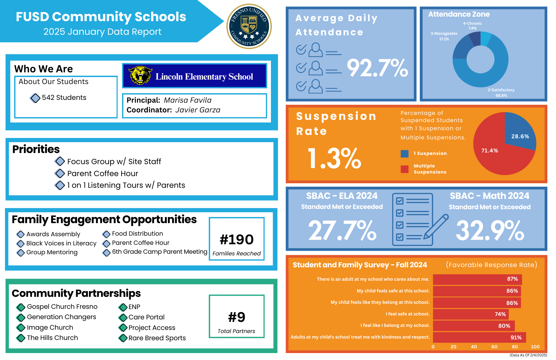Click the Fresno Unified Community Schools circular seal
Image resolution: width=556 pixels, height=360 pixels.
[x=249, y=26]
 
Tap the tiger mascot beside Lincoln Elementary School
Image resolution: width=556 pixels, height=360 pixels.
[x=140, y=75]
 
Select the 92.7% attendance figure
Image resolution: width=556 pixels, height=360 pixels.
[x=377, y=68]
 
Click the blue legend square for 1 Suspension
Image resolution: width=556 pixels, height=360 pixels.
[x=404, y=154]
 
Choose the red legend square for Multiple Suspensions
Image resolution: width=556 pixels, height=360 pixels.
[x=404, y=169]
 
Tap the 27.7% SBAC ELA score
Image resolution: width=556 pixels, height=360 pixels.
[x=342, y=230]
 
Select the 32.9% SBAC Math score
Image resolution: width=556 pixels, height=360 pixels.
[x=490, y=230]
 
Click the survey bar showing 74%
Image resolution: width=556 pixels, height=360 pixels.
[x=471, y=314]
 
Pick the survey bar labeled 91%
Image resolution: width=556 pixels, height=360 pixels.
[x=479, y=337]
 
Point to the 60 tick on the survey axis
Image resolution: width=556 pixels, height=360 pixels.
[x=494, y=347]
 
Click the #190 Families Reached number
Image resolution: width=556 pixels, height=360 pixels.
[x=237, y=240]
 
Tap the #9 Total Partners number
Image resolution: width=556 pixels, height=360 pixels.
[x=237, y=317]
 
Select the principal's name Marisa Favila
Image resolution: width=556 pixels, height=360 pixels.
[x=187, y=100]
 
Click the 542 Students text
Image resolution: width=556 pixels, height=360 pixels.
[x=64, y=98]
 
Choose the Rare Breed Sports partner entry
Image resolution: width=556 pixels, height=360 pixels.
[x=157, y=338]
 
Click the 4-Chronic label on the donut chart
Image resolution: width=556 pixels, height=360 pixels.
[x=472, y=24]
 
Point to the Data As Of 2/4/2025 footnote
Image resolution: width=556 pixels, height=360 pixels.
[x=528, y=355]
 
